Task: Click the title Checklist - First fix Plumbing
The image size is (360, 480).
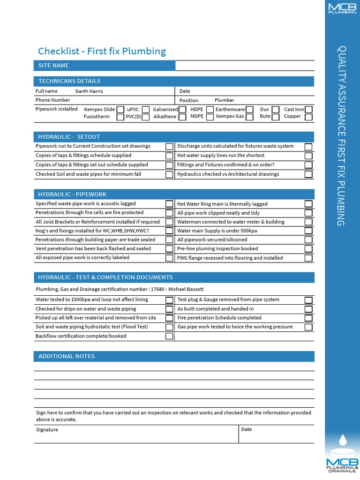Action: pos(102,51)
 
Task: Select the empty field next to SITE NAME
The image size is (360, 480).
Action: pos(244,66)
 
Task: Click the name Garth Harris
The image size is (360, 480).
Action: pos(89,91)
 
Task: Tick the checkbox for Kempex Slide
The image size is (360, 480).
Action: pos(120,110)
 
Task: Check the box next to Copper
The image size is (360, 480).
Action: pos(308,117)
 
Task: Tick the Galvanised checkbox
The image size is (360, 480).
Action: pos(182,110)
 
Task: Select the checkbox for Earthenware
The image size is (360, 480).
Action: pos(250,110)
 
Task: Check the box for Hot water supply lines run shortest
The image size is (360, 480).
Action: pos(308,156)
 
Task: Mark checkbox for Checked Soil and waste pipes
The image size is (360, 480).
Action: pos(169,174)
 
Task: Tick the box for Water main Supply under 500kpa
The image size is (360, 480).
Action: pos(308,231)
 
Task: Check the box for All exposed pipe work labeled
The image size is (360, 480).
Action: pos(169,258)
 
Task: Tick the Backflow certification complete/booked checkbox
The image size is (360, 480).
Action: pos(169,336)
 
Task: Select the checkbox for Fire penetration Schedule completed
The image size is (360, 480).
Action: pos(308,318)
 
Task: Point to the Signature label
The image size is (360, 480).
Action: pos(47,429)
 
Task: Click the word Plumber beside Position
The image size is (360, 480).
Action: pos(225,100)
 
